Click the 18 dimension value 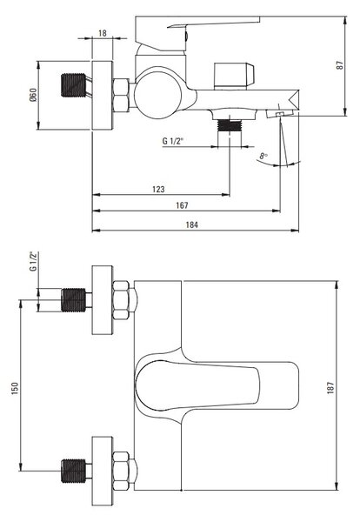coord(103,33)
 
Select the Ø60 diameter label coord(33,95)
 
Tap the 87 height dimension coord(340,65)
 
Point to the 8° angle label coord(263,156)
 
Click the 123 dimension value coord(158,189)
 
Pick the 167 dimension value coord(182,205)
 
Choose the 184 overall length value coord(191,224)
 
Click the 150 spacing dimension coord(15,388)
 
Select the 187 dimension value coord(330,388)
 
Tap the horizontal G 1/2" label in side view coord(173,141)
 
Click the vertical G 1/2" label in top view coord(33,261)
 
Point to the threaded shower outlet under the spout coord(229,125)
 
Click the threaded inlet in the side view coord(74,85)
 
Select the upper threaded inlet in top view coord(73,300)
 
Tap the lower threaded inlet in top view coord(73,471)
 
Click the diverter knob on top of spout coord(234,76)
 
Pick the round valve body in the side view coord(159,92)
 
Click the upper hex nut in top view coord(121,300)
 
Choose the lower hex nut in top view coord(121,471)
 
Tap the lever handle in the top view coord(197,385)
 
